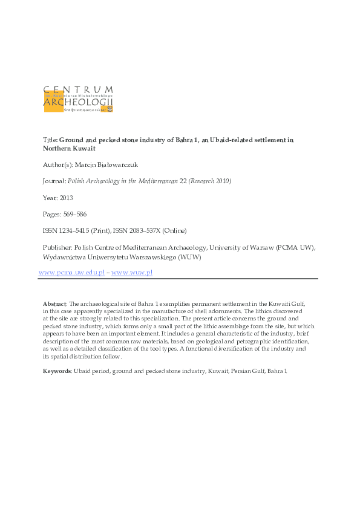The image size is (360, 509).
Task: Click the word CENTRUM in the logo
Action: (79, 91)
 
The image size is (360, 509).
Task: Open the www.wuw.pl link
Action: (132, 273)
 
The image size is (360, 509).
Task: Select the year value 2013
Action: (67, 198)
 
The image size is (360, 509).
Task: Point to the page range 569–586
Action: (77, 215)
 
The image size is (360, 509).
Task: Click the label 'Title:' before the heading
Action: (50, 140)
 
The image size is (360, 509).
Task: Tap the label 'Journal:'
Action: (55, 181)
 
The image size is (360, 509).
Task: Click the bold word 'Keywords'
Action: (57, 371)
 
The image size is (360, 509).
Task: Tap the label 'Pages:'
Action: (52, 215)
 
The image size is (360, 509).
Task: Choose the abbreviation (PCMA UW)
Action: (296, 247)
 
